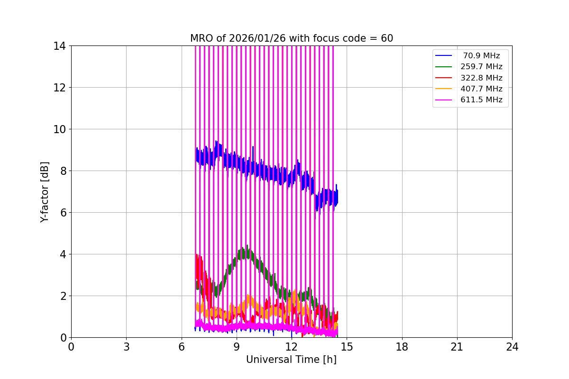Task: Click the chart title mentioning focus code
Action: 292,38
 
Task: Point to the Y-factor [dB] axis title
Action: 45,191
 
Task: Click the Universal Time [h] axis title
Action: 291,360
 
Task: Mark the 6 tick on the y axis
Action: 62,213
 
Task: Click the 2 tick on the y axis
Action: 62,296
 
